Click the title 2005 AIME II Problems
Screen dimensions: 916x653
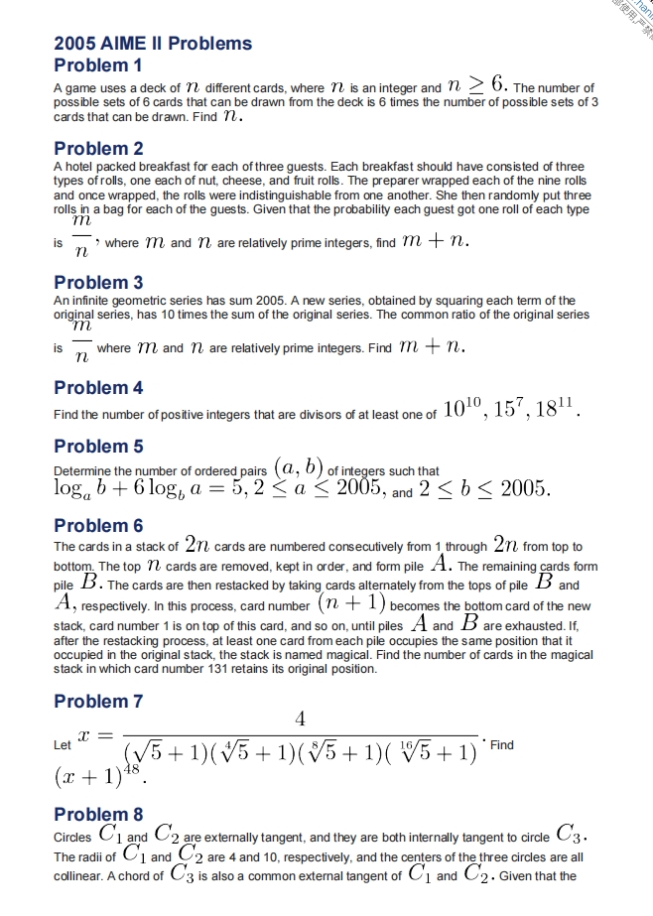click(153, 44)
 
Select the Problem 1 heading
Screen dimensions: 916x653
click(98, 65)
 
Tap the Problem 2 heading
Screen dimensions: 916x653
click(98, 149)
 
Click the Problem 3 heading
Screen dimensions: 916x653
click(98, 283)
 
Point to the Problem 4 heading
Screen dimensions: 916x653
click(98, 388)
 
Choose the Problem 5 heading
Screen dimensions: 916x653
click(98, 447)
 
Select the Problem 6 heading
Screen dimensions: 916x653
click(98, 526)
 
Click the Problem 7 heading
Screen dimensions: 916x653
click(98, 702)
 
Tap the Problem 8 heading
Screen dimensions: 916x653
click(98, 815)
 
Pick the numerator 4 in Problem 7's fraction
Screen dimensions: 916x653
click(300, 718)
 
